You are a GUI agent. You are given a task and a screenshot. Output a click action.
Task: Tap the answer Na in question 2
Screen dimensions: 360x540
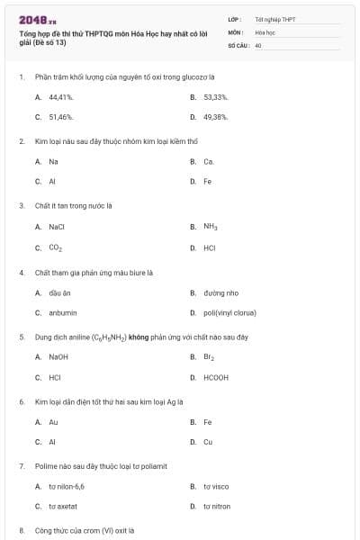(x=53, y=161)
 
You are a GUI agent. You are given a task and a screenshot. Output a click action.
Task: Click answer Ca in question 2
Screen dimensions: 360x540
(x=209, y=161)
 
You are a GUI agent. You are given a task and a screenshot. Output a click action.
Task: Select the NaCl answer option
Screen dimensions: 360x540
(x=57, y=227)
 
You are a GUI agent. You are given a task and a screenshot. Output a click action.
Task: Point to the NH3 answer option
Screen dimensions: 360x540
(x=211, y=227)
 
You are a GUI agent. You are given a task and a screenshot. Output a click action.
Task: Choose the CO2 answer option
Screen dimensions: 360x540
(x=56, y=247)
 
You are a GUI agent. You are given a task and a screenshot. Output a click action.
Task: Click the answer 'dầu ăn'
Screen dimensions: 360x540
(x=59, y=292)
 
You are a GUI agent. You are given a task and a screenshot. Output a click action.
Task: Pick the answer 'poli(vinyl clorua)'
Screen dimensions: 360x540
(x=229, y=313)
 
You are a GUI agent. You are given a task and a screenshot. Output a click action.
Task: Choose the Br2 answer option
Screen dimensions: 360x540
(x=209, y=357)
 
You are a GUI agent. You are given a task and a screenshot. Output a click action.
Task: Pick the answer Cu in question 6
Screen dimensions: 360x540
(x=208, y=442)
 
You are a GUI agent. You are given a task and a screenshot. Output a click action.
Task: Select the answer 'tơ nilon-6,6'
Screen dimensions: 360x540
(x=67, y=486)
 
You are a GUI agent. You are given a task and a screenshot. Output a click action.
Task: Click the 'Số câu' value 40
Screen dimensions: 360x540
(x=258, y=44)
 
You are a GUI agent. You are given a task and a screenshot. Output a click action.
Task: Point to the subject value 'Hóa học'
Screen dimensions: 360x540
(x=265, y=31)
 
